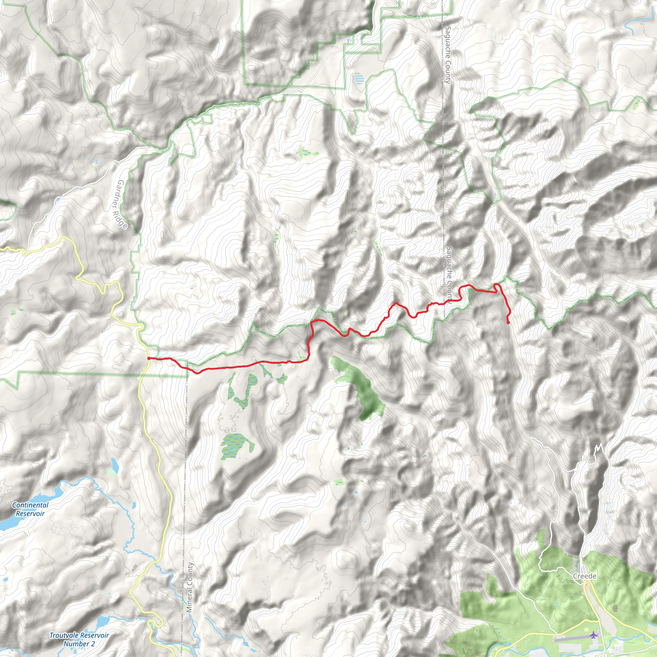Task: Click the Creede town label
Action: tap(584, 576)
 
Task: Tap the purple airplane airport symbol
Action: tap(593, 635)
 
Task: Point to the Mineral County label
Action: tap(189, 587)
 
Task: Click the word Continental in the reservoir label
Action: tap(30, 505)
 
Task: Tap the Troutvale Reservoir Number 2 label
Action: tap(79, 639)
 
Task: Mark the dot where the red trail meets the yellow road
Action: tap(149, 358)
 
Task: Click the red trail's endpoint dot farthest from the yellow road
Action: tap(508, 323)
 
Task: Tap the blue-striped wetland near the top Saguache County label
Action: tap(358, 79)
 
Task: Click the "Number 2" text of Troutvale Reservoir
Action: tap(79, 644)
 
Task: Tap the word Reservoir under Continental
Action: tap(30, 514)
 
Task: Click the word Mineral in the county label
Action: tap(189, 601)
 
